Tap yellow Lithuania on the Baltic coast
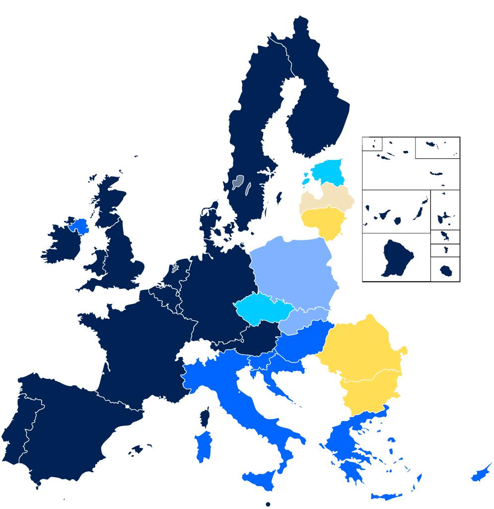(x=325, y=221)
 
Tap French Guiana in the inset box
(x=397, y=259)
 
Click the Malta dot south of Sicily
(x=268, y=504)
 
